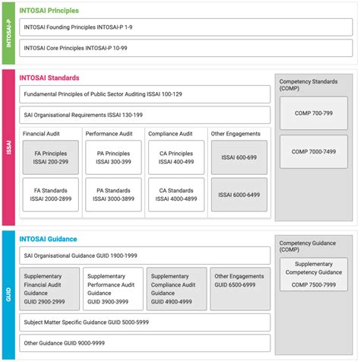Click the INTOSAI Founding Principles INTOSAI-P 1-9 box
[144, 27]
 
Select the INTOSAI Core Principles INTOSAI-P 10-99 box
[144, 47]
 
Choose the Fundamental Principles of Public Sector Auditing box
[144, 94]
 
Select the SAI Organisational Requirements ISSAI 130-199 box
[144, 115]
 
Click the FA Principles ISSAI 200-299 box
[51, 157]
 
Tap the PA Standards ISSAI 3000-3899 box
[112, 195]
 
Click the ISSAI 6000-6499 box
[239, 195]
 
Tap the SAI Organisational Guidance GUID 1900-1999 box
[144, 255]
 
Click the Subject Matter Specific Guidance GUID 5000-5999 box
[144, 322]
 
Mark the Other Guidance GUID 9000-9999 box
[144, 343]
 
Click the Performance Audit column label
[112, 134]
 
